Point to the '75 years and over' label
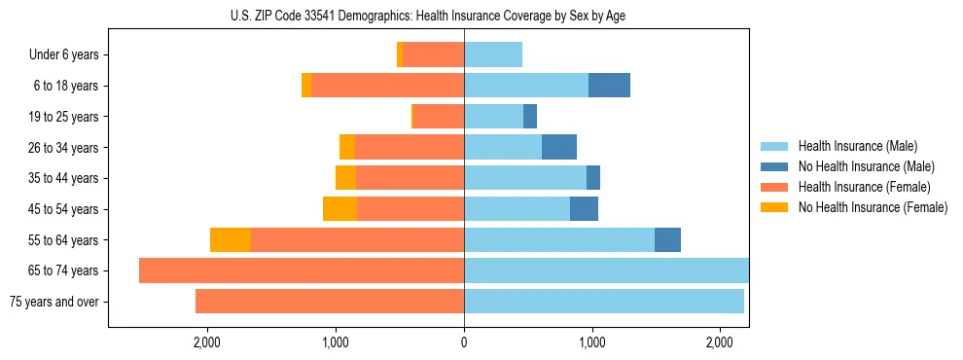[x=54, y=302]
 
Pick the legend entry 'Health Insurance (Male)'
[x=857, y=147]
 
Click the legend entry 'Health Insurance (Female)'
[x=864, y=187]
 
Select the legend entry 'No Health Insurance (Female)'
[x=873, y=207]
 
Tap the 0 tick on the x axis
[x=464, y=342]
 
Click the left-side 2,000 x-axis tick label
[x=206, y=342]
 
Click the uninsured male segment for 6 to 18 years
[x=609, y=86]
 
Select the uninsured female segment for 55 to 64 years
[x=231, y=240]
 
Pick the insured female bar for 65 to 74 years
[x=302, y=270]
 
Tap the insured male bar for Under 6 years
[x=493, y=55]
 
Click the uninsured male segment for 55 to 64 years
[x=667, y=240]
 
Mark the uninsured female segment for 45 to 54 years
[x=339, y=209]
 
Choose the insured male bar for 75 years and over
[x=604, y=302]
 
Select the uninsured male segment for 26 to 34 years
[x=559, y=148]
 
